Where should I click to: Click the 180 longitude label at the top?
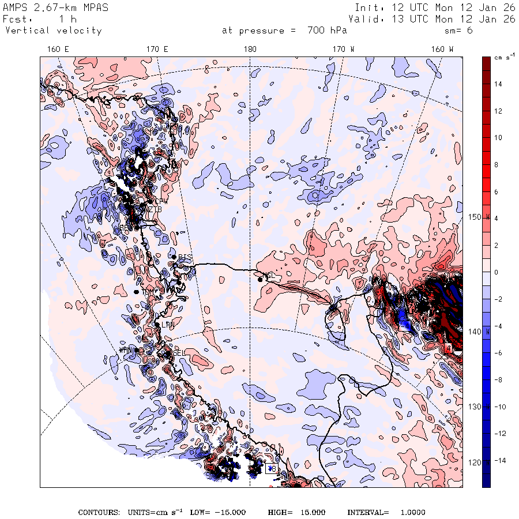[x=250, y=50]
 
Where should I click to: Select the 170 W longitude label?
[x=343, y=50]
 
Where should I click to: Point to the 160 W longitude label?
[x=442, y=50]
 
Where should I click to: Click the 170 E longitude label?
[x=157, y=50]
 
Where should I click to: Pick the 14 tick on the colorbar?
[x=498, y=84]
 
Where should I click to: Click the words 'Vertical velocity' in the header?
[x=53, y=31]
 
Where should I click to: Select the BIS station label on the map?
[x=185, y=257]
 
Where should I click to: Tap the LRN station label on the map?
[x=167, y=325]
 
